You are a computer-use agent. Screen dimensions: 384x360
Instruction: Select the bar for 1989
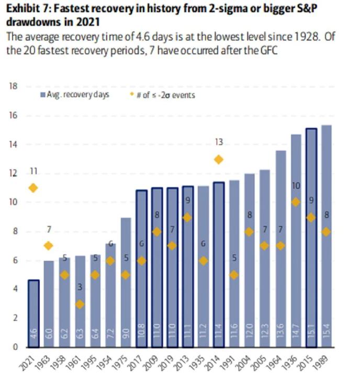coord(327,235)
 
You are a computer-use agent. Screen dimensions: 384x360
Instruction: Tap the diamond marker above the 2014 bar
coord(219,160)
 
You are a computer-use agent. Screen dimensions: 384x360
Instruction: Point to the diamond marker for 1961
coord(80,304)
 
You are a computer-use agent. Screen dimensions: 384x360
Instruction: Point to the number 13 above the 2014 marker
coord(219,142)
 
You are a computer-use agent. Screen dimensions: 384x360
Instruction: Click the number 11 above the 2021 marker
coord(33,171)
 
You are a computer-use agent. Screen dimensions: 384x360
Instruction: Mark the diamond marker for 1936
coord(296,202)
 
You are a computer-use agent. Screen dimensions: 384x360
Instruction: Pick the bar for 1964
coord(280,249)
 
